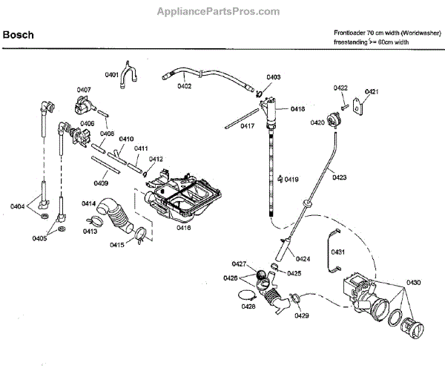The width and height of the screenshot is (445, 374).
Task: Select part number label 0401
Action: click(112, 75)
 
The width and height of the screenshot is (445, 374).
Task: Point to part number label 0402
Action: click(184, 86)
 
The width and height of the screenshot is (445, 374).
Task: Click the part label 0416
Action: click(183, 229)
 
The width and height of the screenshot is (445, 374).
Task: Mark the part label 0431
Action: click(338, 252)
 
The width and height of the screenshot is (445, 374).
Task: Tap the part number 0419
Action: click(291, 180)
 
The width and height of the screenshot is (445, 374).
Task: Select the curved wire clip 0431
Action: click(326, 252)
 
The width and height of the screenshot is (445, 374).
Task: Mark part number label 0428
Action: click(249, 306)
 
